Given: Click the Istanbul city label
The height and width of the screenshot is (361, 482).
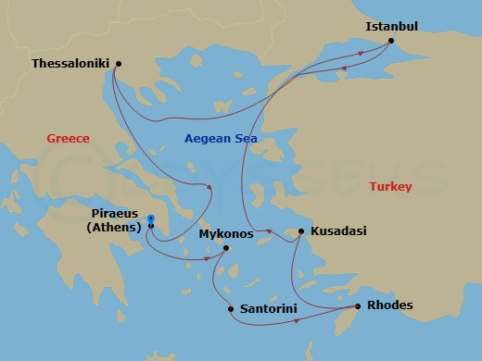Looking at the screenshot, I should [392, 26].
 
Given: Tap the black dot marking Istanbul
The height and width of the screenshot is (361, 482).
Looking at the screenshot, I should [391, 41].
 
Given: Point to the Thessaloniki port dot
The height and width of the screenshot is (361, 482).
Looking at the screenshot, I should [118, 63].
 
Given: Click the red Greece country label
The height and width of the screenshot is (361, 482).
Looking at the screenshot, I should [69, 139].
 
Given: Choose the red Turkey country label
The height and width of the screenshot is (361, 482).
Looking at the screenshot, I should [390, 187].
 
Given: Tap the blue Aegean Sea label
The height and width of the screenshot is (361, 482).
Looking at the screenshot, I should [221, 139].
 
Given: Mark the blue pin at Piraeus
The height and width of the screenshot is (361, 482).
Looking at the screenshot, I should [150, 219].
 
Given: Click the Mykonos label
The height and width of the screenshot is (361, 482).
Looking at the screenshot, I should [225, 234].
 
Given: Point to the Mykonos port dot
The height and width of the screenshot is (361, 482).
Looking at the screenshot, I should [226, 248].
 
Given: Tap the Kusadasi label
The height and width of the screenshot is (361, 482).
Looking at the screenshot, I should [338, 231].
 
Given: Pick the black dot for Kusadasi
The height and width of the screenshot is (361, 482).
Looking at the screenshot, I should [301, 231].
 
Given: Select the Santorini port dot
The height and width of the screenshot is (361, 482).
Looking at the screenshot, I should [231, 309].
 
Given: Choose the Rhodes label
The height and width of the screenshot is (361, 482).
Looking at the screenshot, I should [390, 305].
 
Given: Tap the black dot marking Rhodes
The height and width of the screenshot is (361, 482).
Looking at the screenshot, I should [358, 306].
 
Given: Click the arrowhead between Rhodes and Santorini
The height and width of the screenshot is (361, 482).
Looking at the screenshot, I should [296, 321].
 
